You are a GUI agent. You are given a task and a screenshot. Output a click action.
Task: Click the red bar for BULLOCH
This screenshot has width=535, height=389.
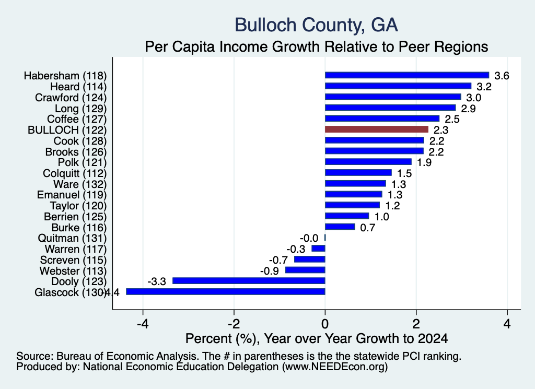click(x=377, y=129)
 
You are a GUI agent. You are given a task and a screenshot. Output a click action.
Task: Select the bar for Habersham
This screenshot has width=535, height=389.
click(x=407, y=75)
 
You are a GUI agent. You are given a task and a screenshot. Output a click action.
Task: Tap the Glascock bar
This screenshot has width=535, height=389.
click(x=226, y=291)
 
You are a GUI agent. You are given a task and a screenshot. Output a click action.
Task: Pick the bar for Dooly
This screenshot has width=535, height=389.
click(x=249, y=280)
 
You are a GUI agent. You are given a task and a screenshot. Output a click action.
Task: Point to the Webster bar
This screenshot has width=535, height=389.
click(x=305, y=270)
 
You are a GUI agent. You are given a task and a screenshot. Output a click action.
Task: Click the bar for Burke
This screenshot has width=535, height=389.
click(x=340, y=227)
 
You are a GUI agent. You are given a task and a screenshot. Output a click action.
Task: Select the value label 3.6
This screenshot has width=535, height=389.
click(x=502, y=76)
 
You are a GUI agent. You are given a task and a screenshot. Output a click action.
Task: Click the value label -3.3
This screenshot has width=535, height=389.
click(x=157, y=281)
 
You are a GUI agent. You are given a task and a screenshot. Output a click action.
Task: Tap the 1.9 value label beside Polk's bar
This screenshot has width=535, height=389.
click(x=424, y=162)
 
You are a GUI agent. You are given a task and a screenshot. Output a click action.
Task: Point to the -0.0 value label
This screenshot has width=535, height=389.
click(x=309, y=238)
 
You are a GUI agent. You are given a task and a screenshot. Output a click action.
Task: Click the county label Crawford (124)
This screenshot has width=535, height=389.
click(x=71, y=98)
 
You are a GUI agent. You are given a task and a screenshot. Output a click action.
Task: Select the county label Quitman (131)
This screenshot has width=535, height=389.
click(x=72, y=238)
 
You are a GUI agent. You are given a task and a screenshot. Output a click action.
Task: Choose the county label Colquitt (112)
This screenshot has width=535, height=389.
click(x=75, y=173)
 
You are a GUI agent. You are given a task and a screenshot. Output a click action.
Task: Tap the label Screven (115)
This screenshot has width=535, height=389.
click(x=73, y=260)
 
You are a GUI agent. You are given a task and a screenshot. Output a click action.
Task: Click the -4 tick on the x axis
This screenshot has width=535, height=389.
click(x=143, y=324)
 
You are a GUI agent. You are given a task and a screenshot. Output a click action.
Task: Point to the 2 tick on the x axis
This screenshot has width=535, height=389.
click(x=416, y=324)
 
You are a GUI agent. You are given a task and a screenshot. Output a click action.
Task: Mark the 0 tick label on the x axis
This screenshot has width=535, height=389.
click(x=325, y=324)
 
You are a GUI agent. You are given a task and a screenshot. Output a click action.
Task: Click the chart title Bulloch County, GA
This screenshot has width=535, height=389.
click(x=316, y=25)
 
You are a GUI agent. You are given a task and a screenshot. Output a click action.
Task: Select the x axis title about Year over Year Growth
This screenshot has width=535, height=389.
click(x=316, y=338)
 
